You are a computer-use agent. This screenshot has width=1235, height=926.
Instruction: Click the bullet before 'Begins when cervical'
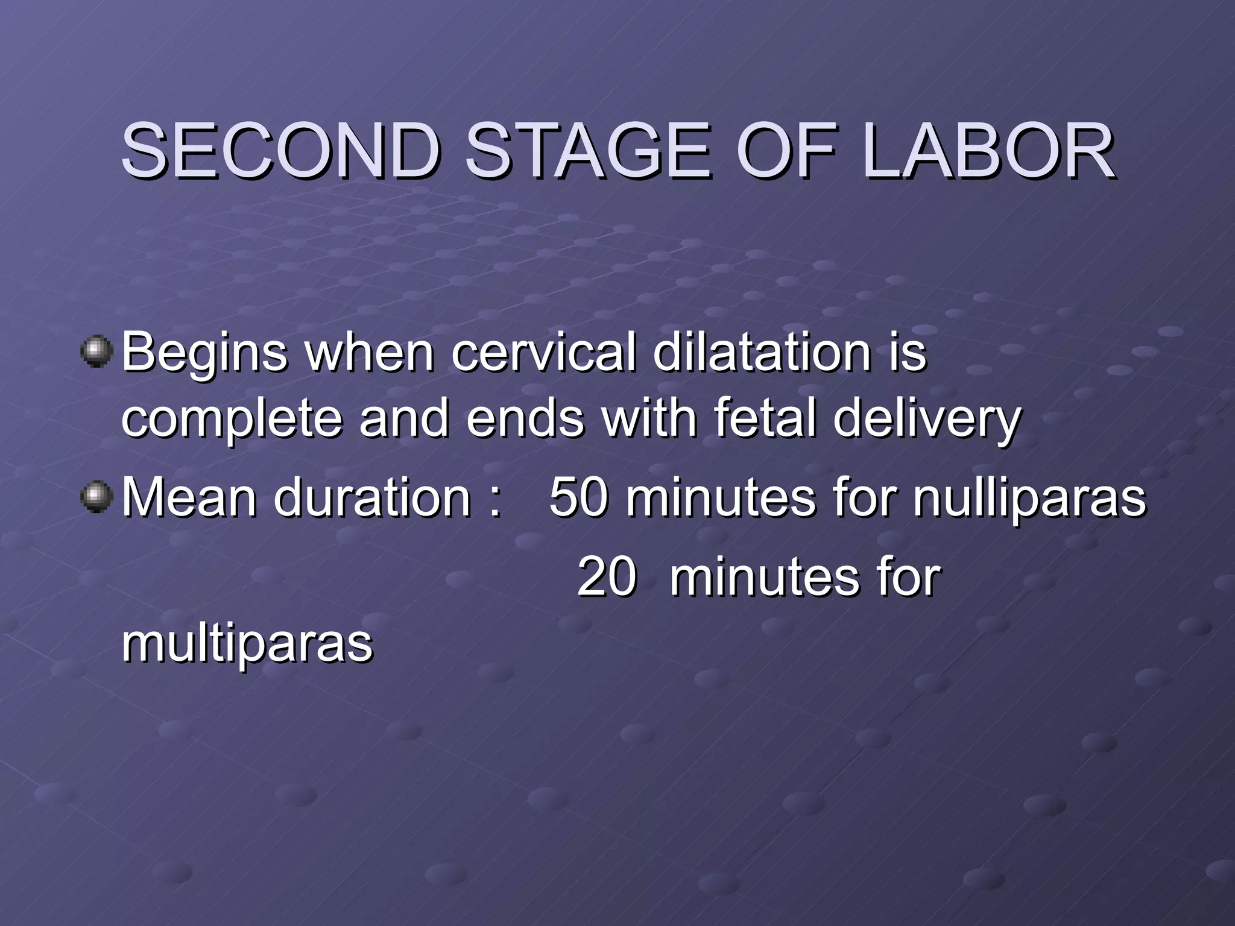click(x=96, y=351)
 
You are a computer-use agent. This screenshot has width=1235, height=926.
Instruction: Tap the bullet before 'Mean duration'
click(x=96, y=497)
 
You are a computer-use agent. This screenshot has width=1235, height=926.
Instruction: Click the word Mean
click(x=189, y=497)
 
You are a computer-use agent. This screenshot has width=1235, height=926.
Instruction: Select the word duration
click(x=372, y=497)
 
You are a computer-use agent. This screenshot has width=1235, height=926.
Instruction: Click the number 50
click(x=578, y=497)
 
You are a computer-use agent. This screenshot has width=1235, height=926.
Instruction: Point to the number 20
click(x=606, y=577)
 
